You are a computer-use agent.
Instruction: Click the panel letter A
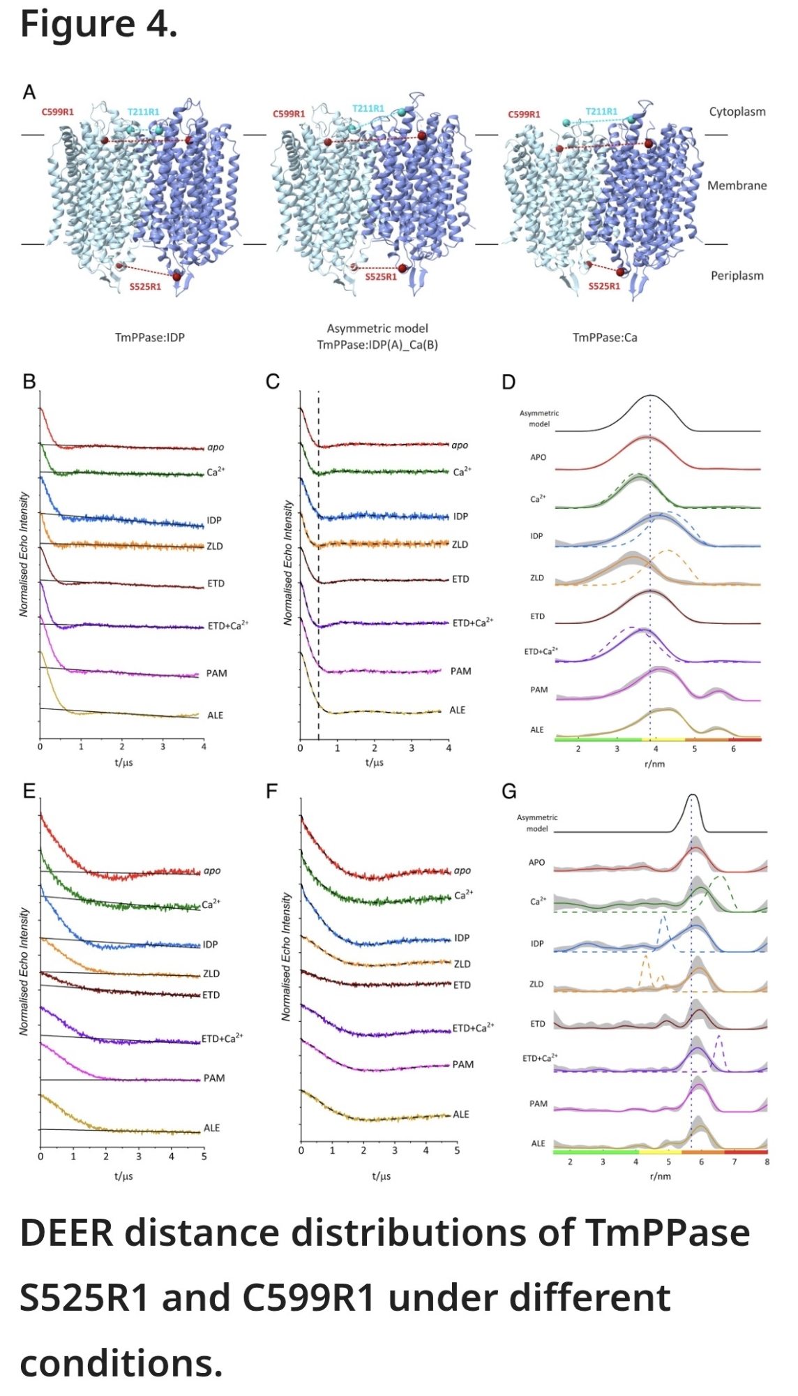coord(29,92)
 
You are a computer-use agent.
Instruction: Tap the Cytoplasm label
coord(737,112)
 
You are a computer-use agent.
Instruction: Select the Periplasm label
coord(737,276)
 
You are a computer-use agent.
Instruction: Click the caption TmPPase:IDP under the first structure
coord(150,337)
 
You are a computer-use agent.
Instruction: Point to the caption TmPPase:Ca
coord(605,337)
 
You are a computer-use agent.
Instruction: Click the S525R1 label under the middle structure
coord(381,277)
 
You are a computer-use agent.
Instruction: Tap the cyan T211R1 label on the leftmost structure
coord(143,112)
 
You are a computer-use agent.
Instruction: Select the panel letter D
coord(509,382)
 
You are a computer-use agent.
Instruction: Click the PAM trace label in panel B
coord(216,674)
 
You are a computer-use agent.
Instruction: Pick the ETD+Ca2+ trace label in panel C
coord(472,623)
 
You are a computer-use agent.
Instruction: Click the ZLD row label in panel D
coord(537,578)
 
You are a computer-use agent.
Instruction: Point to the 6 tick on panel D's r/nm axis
coord(733,749)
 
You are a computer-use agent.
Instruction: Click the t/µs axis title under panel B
coord(123,762)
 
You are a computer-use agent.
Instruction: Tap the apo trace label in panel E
coord(212,871)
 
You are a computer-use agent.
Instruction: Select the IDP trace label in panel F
coord(461,937)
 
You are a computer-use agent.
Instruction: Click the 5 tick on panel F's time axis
coord(457,1150)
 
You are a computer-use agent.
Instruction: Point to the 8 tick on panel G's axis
coord(767,1162)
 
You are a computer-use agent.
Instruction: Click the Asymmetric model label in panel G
coord(537,823)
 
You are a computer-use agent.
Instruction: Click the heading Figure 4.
coord(98,24)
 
